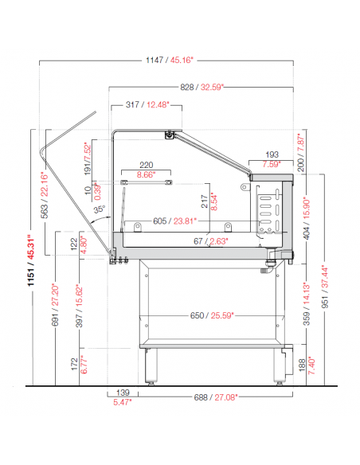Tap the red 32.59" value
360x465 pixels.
212,88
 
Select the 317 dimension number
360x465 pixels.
132,104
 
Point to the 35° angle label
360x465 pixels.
100,209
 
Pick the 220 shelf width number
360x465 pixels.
147,165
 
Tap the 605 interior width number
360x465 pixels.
159,221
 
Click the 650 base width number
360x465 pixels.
197,315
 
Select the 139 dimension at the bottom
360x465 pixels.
123,393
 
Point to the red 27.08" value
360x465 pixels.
226,397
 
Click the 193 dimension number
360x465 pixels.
272,154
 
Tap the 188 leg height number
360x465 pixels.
302,365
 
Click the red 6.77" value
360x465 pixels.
84,365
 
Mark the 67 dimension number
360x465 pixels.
198,241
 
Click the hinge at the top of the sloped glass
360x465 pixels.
170,135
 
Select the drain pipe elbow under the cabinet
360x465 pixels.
268,266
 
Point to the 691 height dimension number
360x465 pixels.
55,318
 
